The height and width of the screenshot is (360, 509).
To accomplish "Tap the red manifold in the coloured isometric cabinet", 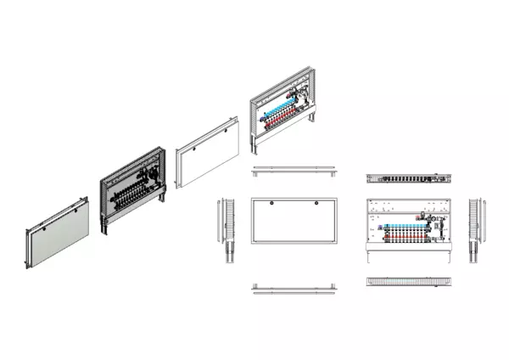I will pos(283,121).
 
